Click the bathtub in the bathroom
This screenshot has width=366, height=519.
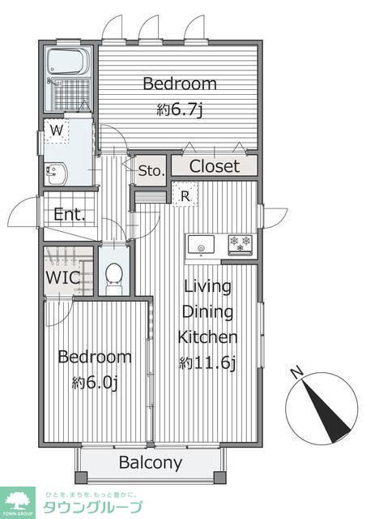click(69, 62)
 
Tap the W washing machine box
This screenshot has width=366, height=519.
click(57, 131)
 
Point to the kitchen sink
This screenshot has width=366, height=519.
click(201, 245)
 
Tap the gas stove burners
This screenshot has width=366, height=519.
click(240, 245)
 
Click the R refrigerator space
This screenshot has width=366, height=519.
click(185, 195)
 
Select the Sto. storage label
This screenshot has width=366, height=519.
click(151, 171)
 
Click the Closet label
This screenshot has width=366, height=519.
click(215, 166)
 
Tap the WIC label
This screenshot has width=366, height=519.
click(63, 277)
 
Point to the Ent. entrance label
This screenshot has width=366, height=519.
click(70, 214)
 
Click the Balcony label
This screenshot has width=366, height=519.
click(151, 463)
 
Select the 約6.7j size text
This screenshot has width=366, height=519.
click(179, 110)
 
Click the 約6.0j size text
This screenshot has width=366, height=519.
click(95, 384)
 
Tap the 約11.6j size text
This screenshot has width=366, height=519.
click(207, 363)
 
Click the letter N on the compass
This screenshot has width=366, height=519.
click(298, 372)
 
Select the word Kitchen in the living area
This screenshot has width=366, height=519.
click(207, 337)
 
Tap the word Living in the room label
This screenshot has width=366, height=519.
click(207, 287)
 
